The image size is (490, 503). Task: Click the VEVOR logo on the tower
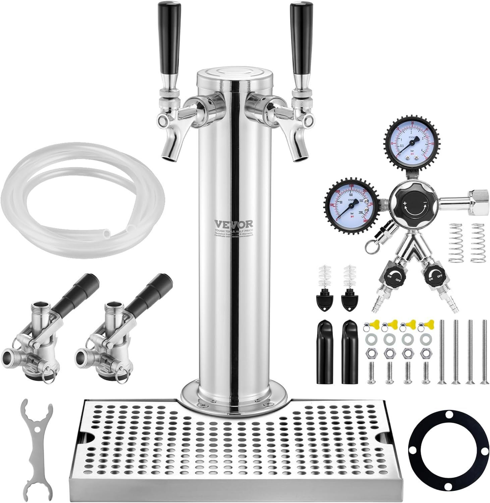pos(234,223)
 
